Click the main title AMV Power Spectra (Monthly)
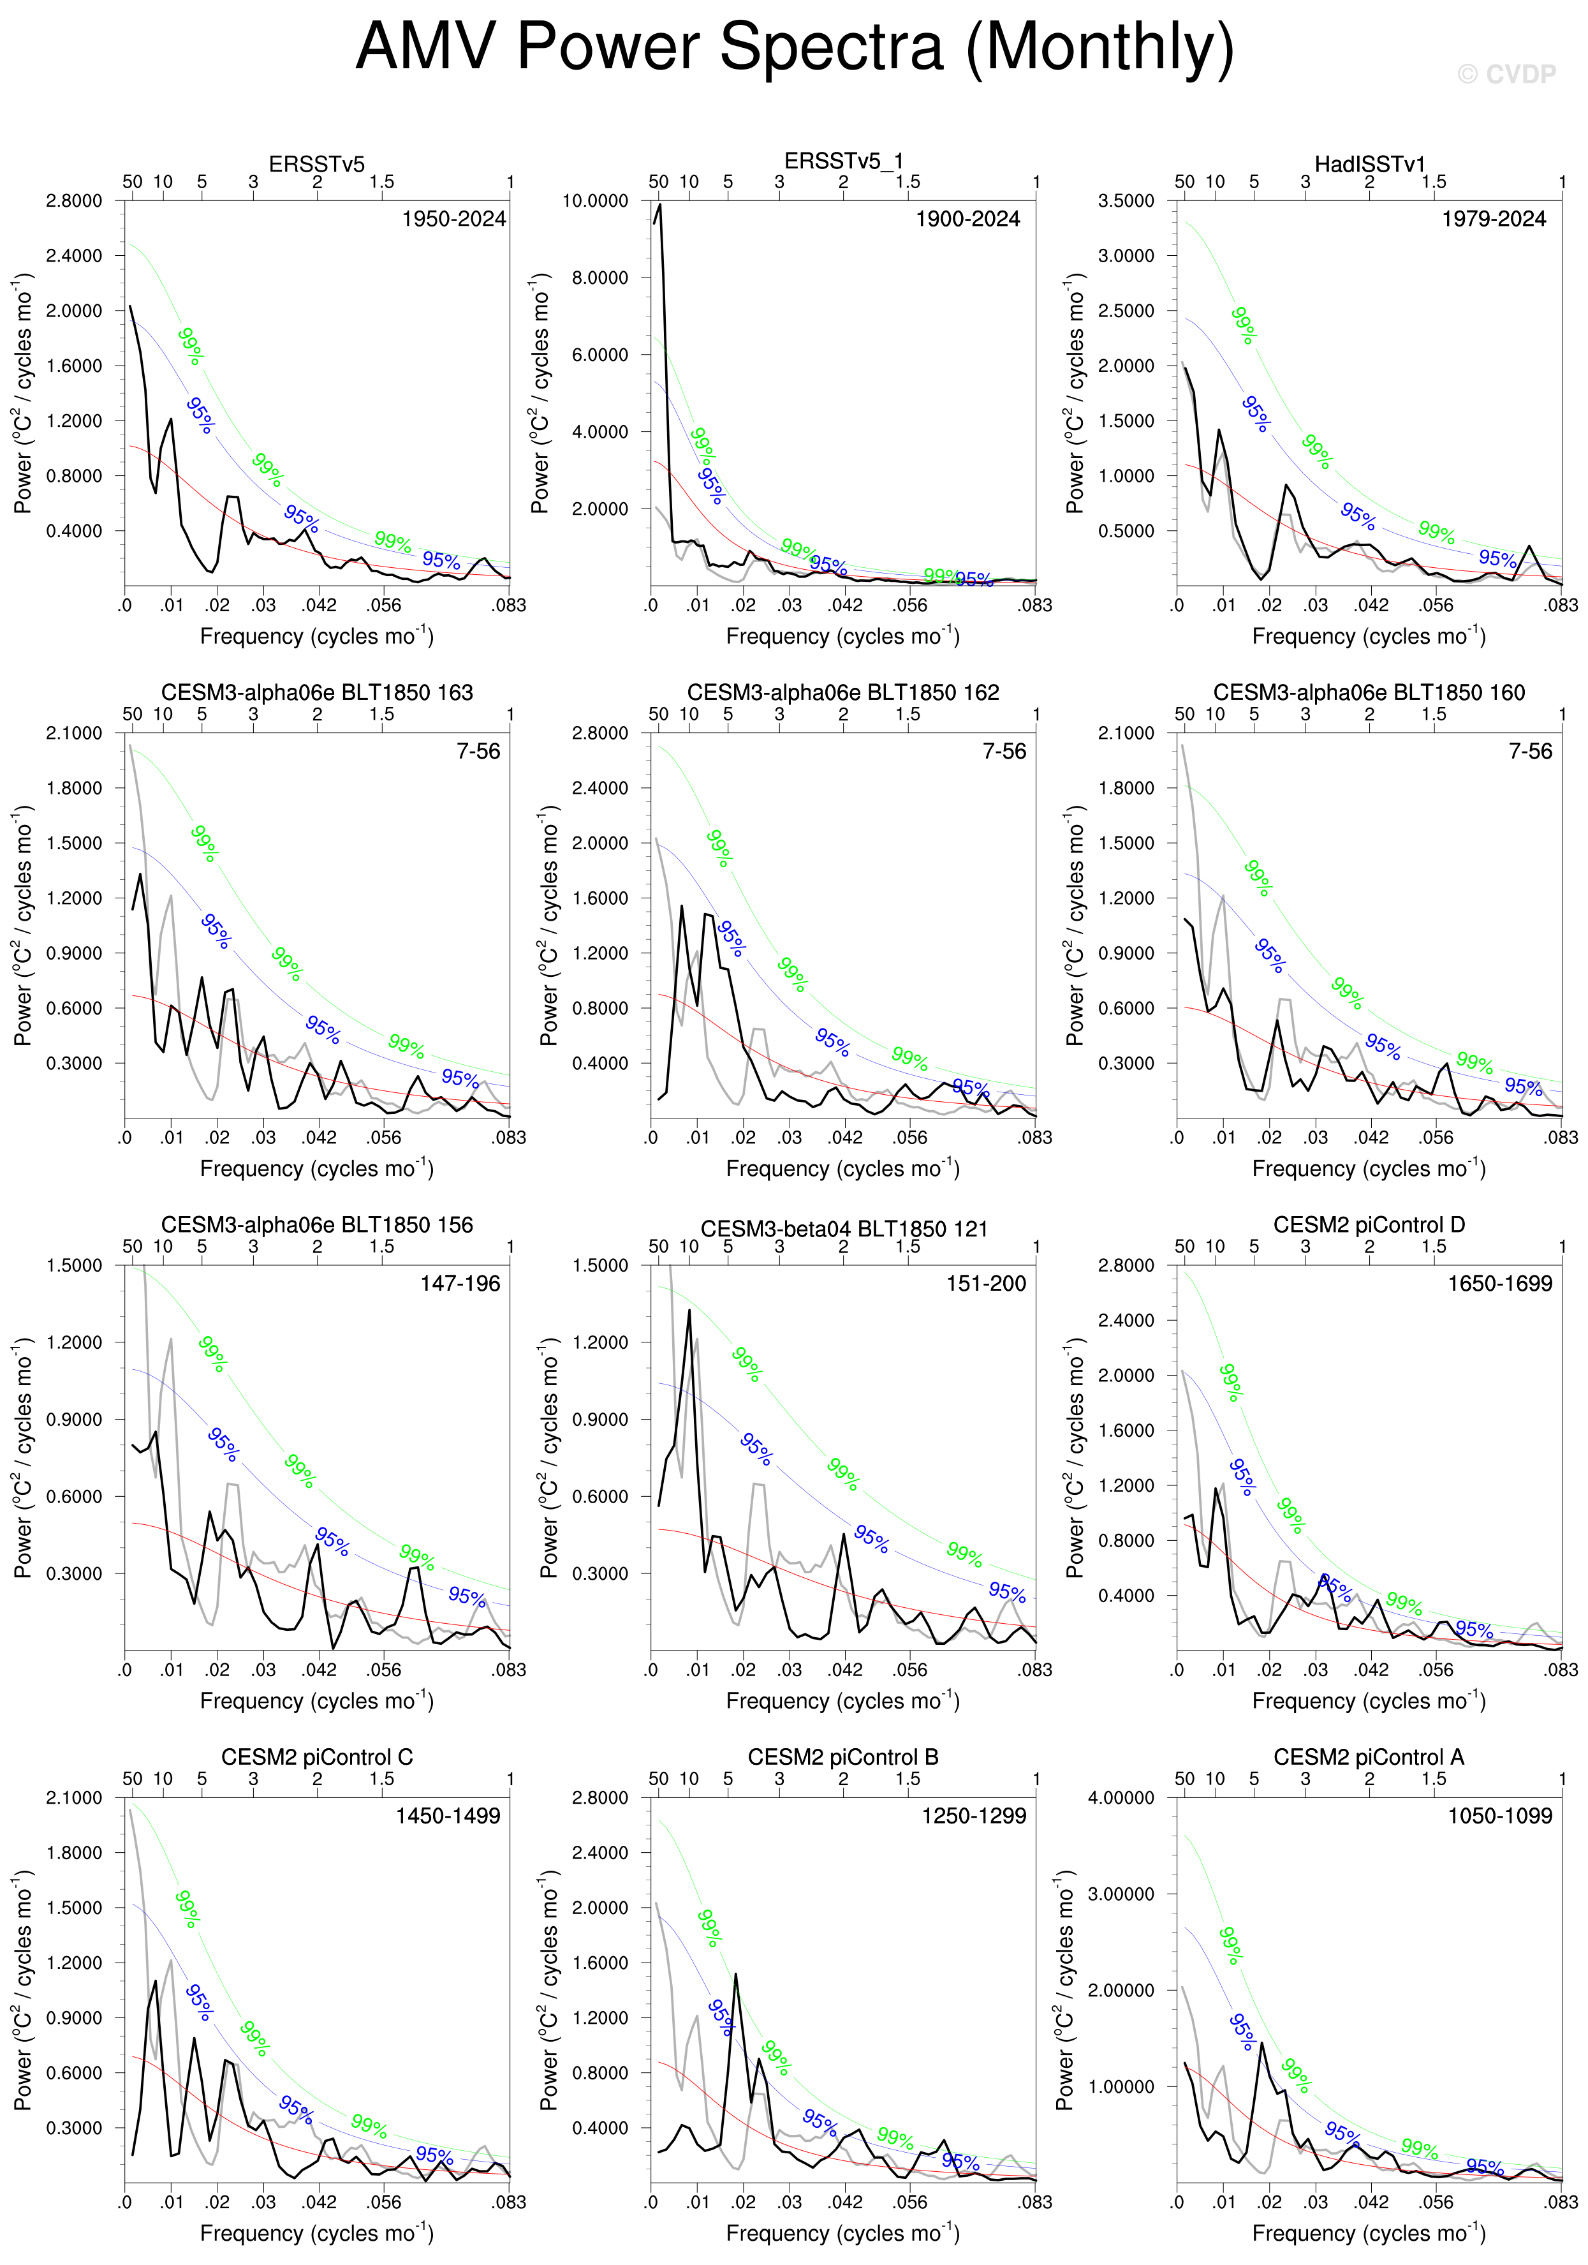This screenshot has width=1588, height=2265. pyautogui.click(x=794, y=47)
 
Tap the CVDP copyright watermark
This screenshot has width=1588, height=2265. pyautogui.click(x=1506, y=74)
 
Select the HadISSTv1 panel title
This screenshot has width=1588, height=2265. pyautogui.click(x=1369, y=165)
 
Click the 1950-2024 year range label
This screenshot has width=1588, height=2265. pyautogui.click(x=453, y=219)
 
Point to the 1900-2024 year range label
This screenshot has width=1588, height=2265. pyautogui.click(x=967, y=219)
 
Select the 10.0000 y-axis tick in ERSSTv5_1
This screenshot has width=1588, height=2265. pyautogui.click(x=595, y=200)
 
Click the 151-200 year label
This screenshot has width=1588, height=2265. pyautogui.click(x=987, y=1284)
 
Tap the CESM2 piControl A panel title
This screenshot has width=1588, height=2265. pyautogui.click(x=1369, y=1757)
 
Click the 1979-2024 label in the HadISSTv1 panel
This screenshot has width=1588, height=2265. pyautogui.click(x=1494, y=219)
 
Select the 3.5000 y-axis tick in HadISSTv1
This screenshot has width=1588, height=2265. pyautogui.click(x=1126, y=200)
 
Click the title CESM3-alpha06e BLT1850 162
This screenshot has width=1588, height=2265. pyautogui.click(x=843, y=692)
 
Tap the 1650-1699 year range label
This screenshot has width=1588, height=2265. pyautogui.click(x=1499, y=1284)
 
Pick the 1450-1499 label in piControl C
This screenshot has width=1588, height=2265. pyautogui.click(x=448, y=1816)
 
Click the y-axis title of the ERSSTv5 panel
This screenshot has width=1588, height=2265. pyautogui.click(x=22, y=394)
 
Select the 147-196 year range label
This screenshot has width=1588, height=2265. pyautogui.click(x=460, y=1284)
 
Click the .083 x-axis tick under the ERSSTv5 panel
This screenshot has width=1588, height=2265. pyautogui.click(x=509, y=605)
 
